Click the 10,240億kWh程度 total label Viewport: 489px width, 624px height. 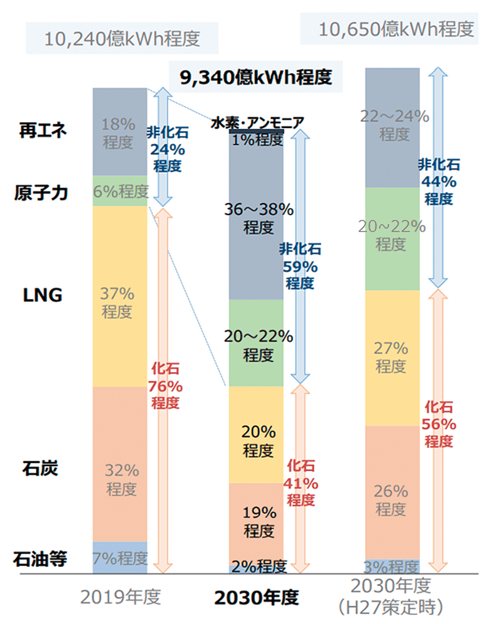point(122,38)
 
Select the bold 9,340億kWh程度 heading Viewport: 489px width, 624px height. point(255,77)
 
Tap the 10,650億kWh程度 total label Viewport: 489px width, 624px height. point(396,29)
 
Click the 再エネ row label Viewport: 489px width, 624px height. point(42,130)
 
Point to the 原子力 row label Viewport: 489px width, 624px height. point(41,193)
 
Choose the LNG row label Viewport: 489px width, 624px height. point(42,295)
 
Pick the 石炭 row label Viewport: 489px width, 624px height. point(40,468)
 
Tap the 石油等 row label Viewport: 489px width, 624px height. point(40,559)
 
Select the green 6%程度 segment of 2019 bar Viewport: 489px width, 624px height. point(120,191)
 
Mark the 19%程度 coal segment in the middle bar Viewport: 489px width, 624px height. point(257,522)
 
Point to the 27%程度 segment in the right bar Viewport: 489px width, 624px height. point(392,357)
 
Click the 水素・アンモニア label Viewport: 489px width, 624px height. point(257,122)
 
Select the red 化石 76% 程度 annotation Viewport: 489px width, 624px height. point(165,386)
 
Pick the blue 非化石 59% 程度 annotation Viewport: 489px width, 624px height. point(300,266)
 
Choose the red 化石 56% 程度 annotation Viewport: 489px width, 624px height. point(439,424)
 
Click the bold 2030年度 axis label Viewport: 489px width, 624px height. point(256,598)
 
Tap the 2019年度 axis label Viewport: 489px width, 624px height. point(120,597)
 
